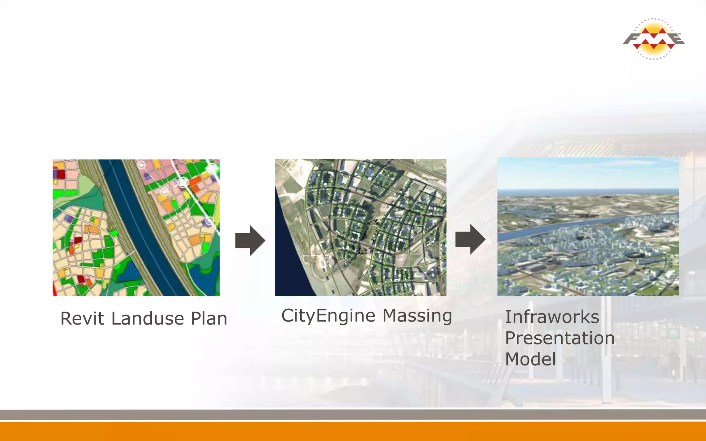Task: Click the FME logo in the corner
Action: [654, 39]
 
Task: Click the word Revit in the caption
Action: [82, 318]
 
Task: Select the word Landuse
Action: [148, 318]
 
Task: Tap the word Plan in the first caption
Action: [209, 318]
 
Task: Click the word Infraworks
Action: [552, 317]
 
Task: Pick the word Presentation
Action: [560, 338]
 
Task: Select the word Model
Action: [531, 359]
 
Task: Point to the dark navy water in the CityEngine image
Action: [290, 262]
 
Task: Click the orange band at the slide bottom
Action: [353, 431]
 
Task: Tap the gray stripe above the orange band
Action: [353, 414]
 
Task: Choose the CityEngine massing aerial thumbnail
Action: [361, 227]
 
